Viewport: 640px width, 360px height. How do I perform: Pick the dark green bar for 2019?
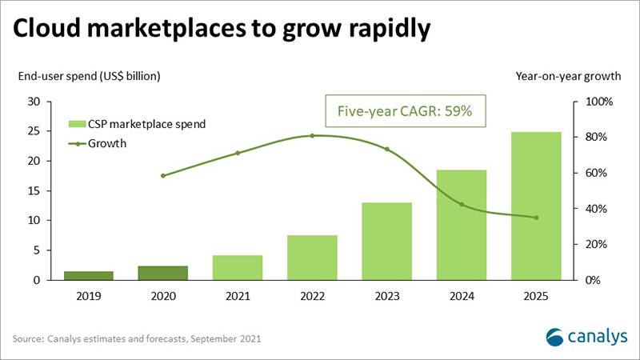point(89,275)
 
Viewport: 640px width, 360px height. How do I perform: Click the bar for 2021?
point(238,267)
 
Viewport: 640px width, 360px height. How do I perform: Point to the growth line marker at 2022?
point(312,136)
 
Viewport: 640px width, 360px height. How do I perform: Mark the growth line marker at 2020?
point(163,175)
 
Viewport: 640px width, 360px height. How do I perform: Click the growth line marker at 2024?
point(461,205)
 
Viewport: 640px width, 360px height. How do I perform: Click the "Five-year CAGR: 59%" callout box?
point(410,113)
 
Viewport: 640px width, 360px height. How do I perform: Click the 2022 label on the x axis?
point(312,295)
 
